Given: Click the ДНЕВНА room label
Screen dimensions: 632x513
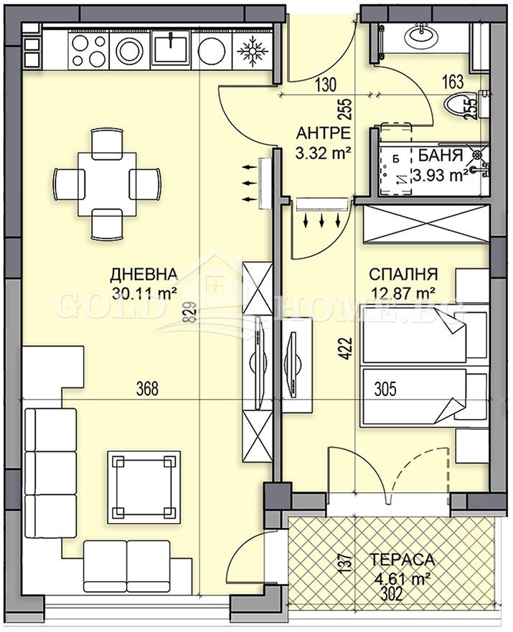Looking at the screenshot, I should (143, 274).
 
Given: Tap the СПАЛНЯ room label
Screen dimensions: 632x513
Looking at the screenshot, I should (403, 274).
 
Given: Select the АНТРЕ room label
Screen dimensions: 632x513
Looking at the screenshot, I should (323, 133).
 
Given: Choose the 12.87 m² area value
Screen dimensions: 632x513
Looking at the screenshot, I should (403, 292).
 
